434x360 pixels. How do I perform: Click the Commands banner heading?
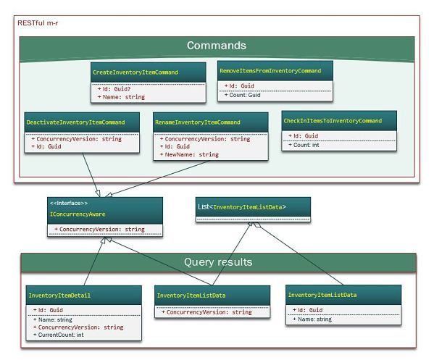point(217,46)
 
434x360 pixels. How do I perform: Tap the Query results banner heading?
point(218,261)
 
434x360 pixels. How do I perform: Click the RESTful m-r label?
point(38,23)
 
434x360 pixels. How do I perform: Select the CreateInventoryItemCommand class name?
point(135,72)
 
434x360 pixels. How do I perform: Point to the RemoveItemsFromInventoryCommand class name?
point(270,71)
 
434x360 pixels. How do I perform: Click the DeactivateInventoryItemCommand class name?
point(75,122)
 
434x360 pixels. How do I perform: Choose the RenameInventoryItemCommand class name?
point(198,122)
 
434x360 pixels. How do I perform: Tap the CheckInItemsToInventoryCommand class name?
point(333,121)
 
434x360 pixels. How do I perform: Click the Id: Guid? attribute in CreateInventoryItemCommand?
point(114,89)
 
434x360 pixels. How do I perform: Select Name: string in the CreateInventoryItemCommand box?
point(121,97)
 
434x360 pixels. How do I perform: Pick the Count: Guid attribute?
point(243,95)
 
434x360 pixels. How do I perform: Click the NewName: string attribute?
point(189,154)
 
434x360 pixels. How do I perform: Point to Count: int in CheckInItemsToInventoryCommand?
point(304,145)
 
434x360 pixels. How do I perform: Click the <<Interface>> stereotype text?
point(69,203)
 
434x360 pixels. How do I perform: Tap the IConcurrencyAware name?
point(78,214)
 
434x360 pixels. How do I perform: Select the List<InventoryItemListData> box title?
point(242,206)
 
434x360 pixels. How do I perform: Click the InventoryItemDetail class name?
point(59,296)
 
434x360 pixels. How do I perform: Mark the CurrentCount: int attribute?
point(59,335)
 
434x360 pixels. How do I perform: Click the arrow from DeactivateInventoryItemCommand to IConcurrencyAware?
point(91,175)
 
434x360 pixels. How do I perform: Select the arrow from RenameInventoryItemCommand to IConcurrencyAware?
point(157,179)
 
